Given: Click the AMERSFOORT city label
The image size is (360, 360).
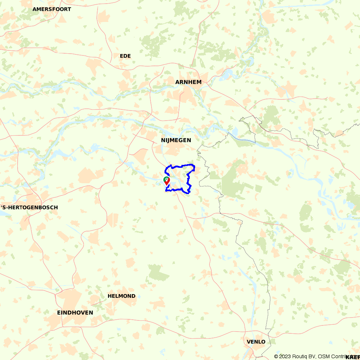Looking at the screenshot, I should coord(52,9).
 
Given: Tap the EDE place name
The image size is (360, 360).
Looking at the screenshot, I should coord(125,56).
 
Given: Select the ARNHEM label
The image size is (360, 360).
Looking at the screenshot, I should coord(188,82).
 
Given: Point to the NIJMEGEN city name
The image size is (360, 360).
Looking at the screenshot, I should coord(176,140).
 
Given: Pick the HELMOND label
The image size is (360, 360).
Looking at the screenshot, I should coord(122,296).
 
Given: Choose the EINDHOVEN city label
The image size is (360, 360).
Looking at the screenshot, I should coord(75,312).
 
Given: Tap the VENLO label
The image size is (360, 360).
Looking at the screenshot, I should coord(256,342).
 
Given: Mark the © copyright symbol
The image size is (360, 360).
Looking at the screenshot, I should coord(276,356).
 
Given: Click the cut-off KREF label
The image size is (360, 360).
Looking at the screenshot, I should coord(352,357).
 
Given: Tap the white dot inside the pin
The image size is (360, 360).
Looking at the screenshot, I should coord(167,179).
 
